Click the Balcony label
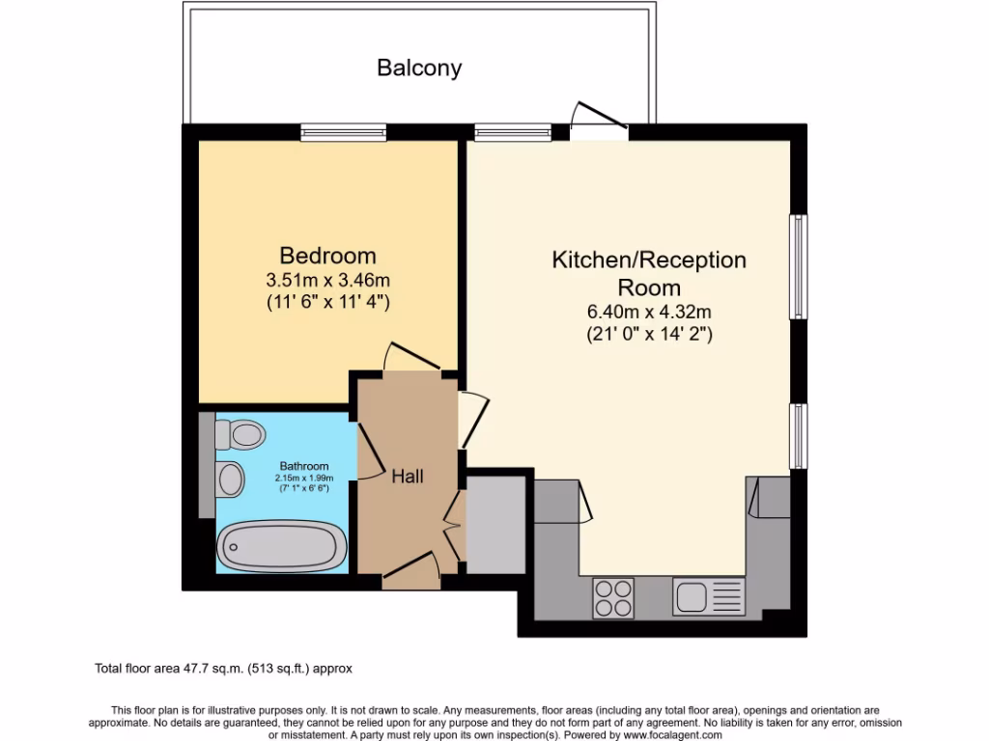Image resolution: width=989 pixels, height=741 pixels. point(419,69)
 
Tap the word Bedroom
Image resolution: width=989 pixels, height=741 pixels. point(327,256)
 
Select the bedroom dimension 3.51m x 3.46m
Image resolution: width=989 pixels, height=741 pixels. point(327,281)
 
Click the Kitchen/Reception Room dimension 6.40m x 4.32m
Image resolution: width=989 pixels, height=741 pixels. point(649,312)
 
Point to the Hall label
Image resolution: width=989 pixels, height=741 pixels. point(407,476)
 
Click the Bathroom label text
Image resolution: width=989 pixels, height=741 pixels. point(304,466)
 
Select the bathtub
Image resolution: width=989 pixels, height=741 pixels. point(282,547)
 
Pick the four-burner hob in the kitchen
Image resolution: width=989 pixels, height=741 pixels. point(612,596)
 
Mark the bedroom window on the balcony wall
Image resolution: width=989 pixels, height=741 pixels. point(343,132)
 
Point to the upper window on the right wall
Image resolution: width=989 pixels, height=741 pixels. point(799,266)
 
